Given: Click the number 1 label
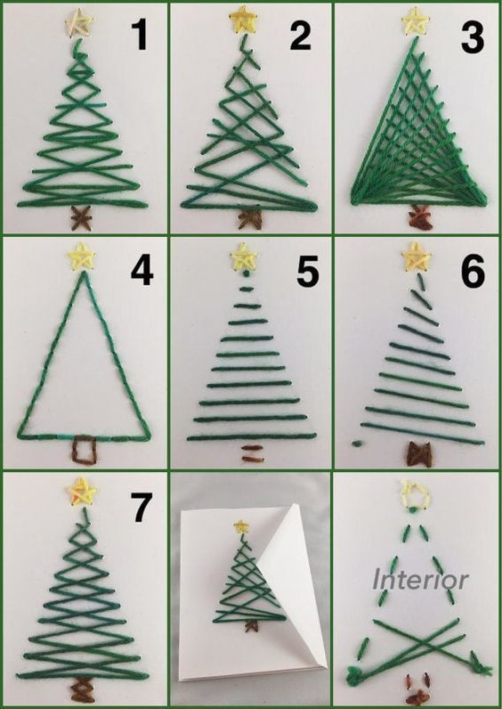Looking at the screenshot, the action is (x=140, y=36).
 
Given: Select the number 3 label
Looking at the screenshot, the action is (x=473, y=37).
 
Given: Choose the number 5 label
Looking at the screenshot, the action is (x=308, y=272).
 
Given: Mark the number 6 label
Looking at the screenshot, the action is (x=474, y=272).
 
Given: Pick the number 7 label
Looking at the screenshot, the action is (x=141, y=508).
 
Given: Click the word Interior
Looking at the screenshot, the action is (x=421, y=579).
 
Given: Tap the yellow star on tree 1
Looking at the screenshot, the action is (x=78, y=21).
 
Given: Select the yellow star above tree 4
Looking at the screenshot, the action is (x=81, y=257).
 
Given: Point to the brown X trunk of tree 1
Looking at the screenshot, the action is (x=81, y=218).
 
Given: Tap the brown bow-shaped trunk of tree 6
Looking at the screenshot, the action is (x=419, y=453).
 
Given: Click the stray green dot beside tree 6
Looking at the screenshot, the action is (x=357, y=443).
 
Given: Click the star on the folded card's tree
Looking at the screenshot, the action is (x=241, y=526).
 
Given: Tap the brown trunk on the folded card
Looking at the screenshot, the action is (x=249, y=626).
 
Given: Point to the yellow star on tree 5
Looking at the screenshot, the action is (x=244, y=257).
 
